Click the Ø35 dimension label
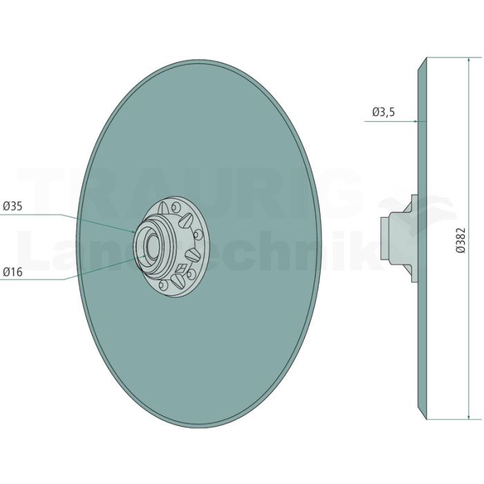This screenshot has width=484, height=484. (x=12, y=206)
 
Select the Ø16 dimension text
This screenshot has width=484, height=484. (x=12, y=272)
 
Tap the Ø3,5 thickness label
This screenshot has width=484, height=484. (x=383, y=112)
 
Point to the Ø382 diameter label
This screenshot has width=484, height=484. (x=460, y=241)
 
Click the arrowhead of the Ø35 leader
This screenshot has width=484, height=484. (x=132, y=232)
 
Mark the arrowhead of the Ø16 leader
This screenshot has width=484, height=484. (x=144, y=256)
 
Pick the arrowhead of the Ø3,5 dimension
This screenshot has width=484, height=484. (x=416, y=121)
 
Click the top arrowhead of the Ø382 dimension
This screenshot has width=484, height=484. (x=469, y=60)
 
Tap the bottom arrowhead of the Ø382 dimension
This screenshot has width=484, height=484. (x=469, y=416)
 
